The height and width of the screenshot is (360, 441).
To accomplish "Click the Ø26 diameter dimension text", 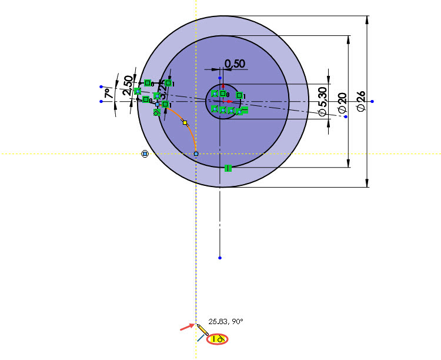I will pos(360,102).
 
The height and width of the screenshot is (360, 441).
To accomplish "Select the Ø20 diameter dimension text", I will pos(342,102).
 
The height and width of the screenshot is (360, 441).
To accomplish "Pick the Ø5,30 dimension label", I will pos(322,101).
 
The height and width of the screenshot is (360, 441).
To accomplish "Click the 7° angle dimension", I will pos(107,92).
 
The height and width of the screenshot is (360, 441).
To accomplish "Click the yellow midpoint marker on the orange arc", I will pos(184,122).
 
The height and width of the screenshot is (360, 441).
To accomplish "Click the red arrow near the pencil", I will pos(186,326).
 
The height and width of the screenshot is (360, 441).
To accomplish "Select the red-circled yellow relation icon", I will pos(218,339).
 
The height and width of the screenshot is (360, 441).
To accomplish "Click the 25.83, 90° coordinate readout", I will pos(226,321).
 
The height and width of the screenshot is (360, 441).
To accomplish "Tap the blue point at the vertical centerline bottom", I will pos(219,258).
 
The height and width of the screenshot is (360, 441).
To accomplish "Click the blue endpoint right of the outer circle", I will pos(372,102).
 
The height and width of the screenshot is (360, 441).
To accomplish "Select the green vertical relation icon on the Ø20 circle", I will pos(228,168).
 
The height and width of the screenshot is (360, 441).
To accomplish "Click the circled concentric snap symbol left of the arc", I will pos(145,154).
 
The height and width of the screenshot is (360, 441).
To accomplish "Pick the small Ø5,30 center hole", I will pos(220,102).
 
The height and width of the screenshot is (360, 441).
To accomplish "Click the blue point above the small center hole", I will pos(220,78).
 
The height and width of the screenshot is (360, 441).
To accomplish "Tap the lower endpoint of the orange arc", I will pos(196,154).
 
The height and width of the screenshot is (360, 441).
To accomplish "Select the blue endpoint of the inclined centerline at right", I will pos(345,117).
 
